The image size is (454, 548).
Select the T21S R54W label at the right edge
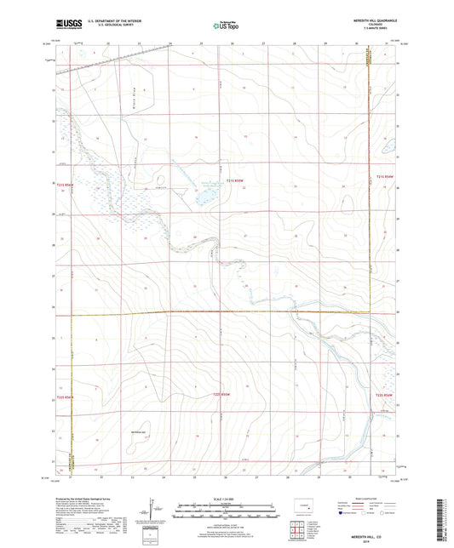click(386, 177)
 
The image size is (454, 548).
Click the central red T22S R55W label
click(222, 394)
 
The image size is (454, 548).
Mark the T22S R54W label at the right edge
click(386, 395)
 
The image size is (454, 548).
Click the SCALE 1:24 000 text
click(226, 498)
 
